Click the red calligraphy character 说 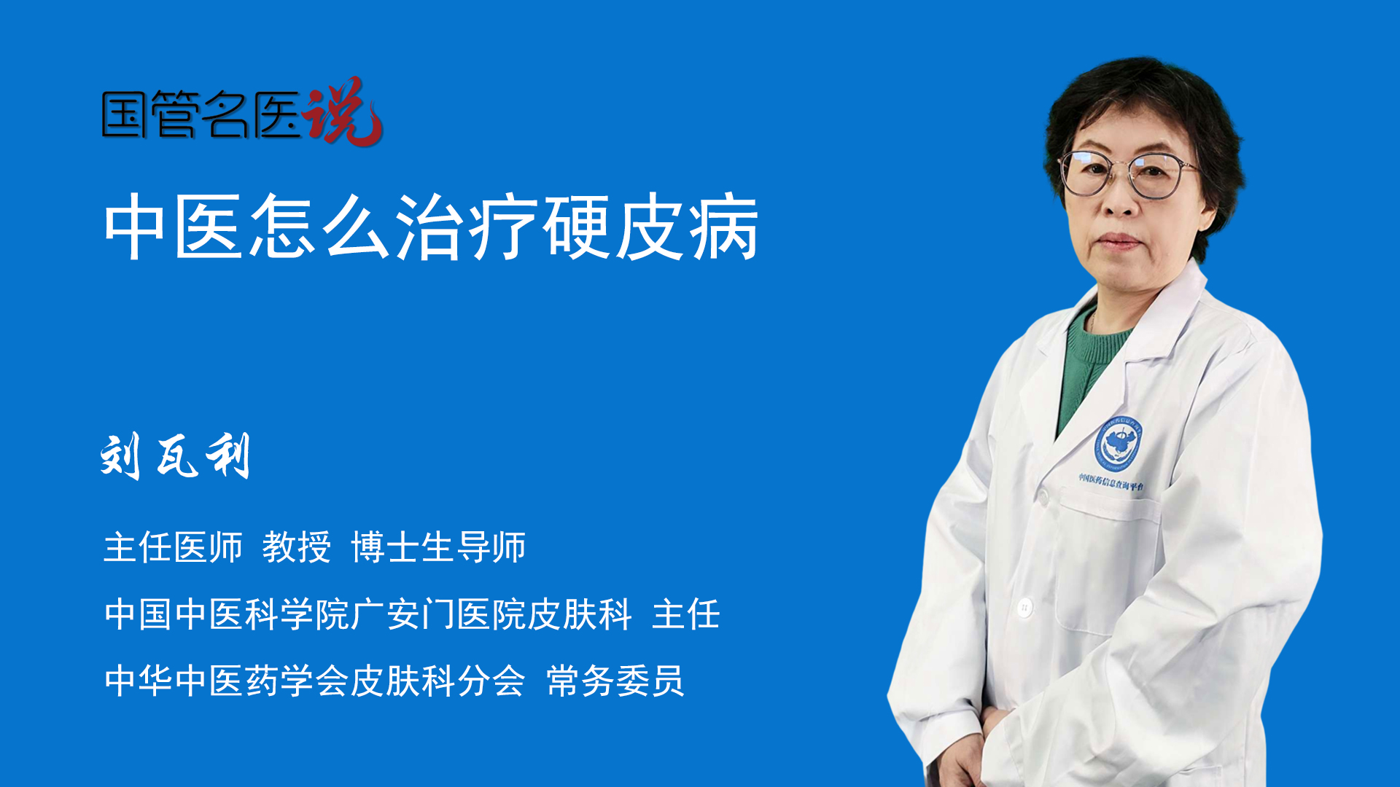click(343, 111)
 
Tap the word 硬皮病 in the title click(650, 227)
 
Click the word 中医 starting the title click(173, 227)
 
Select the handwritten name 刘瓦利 click(175, 455)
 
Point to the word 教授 click(297, 547)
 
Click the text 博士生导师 click(438, 547)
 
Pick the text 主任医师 click(173, 547)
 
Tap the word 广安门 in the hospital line click(403, 614)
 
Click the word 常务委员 click(615, 681)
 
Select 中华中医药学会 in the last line click(227, 681)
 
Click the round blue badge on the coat click(1117, 442)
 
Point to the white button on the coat click(1024, 606)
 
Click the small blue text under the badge click(1111, 482)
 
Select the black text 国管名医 click(201, 115)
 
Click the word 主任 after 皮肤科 click(686, 614)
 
